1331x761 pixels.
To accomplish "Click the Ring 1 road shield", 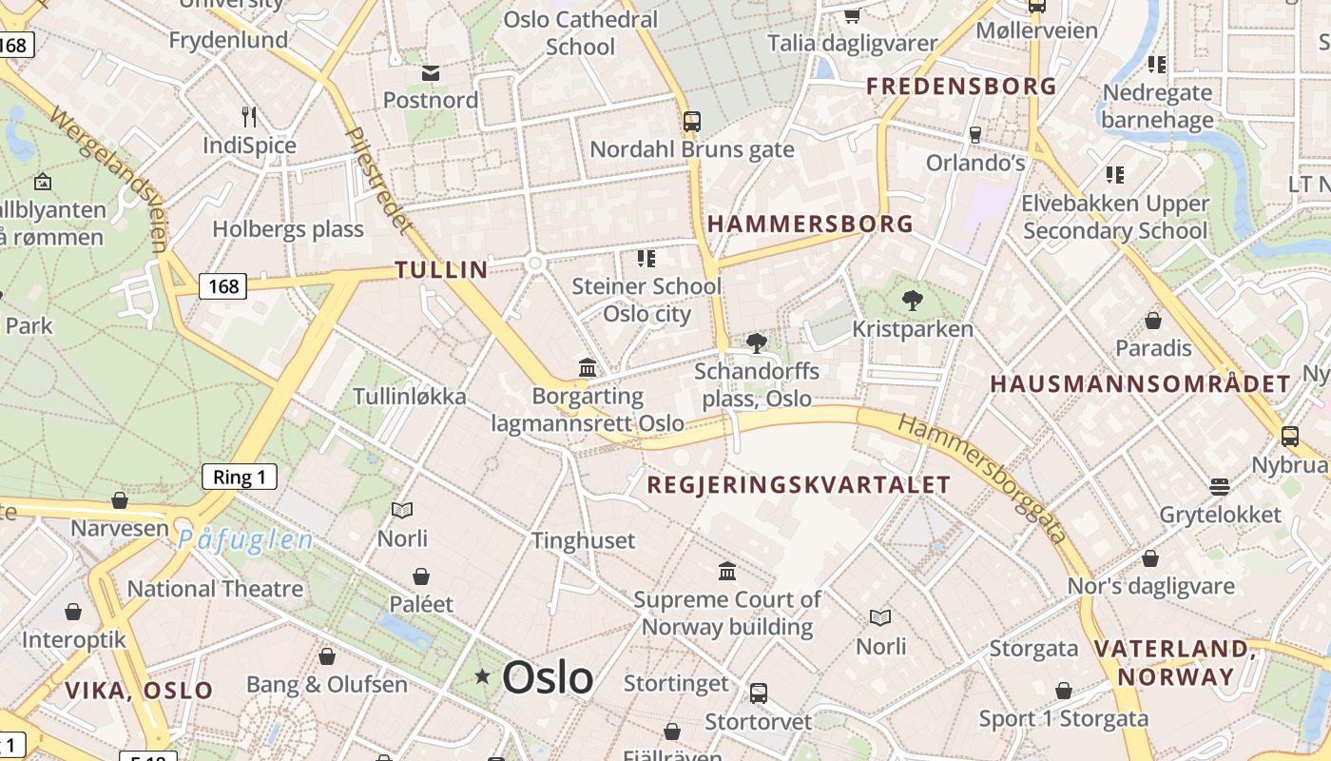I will point(240,477).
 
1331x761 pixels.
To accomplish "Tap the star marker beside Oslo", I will point(483,676).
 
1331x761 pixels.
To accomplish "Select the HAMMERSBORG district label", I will point(810,224).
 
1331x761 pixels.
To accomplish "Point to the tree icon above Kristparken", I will point(913,301).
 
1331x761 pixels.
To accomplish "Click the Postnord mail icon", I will point(431,73).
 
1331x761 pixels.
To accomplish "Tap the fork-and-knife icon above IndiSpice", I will point(249,117).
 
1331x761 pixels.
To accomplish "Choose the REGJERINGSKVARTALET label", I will point(799,485).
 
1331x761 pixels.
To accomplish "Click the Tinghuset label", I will point(583,540).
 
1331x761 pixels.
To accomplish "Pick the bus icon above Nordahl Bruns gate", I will point(692,122).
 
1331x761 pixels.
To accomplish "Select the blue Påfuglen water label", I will point(245,540).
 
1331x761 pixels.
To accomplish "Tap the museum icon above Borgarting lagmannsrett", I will point(588,367).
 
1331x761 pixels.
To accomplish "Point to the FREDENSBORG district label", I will point(961,87).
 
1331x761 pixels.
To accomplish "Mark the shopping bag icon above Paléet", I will point(421,576).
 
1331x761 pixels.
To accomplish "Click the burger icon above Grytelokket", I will point(1220,487).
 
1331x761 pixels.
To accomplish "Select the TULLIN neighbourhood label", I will point(441,269).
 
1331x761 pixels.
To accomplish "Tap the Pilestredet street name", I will point(378,181).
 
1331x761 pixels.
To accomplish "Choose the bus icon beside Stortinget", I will point(758,693).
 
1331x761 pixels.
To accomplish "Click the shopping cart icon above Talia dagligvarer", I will point(852,14).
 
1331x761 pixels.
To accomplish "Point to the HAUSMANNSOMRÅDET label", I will point(1141,384).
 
